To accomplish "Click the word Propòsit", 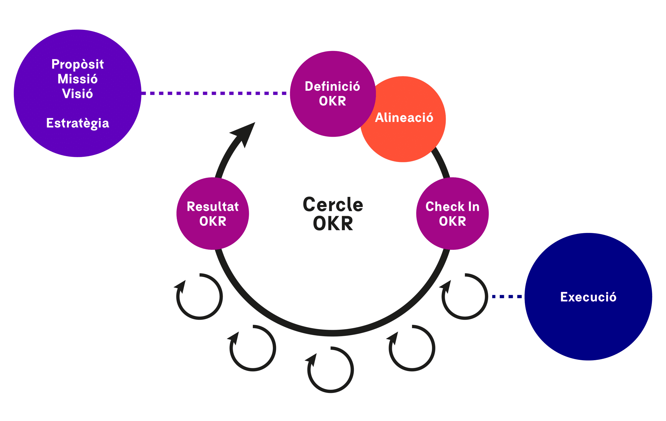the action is pos(78,64).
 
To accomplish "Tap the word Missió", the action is pos(78,79).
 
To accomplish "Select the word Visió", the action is pos(78,93).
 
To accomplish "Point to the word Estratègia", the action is pos(78,123).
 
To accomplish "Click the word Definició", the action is pos(332,86).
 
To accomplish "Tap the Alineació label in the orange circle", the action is pos(404,117).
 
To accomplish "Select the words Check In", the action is pos(452,206).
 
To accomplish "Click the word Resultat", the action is pos(213,206).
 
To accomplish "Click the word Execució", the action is pos(588,297).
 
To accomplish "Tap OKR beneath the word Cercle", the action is pos(333,223).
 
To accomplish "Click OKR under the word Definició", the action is pos(332,101).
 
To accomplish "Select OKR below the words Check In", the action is pos(452,221).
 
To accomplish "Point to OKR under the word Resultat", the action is pos(213,221).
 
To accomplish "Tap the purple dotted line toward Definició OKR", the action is pos(214,93).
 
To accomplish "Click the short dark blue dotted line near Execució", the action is pos(507,297).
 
